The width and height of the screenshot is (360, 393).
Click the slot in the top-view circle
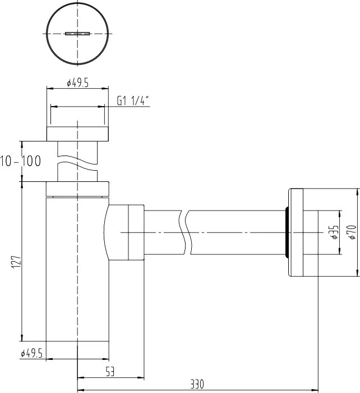(x=77, y=33)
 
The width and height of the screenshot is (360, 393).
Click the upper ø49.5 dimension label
(x=77, y=83)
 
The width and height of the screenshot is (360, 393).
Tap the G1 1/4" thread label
(x=133, y=100)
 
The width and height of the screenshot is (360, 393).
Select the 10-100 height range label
(x=20, y=161)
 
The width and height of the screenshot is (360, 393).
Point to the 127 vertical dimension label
(x=16, y=262)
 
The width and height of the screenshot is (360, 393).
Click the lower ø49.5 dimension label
(x=31, y=353)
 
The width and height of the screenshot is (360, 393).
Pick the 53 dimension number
(x=110, y=372)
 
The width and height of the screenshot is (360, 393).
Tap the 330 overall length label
(x=197, y=384)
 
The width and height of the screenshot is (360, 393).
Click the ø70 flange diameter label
(x=352, y=232)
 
